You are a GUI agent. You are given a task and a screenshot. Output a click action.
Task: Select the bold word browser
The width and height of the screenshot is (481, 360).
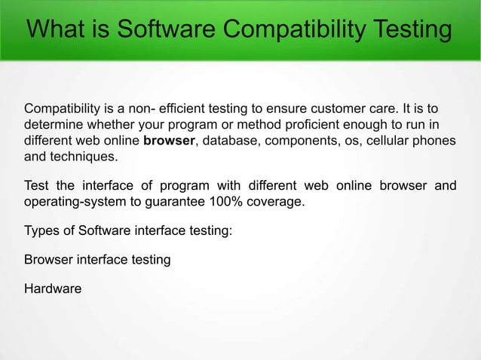170,141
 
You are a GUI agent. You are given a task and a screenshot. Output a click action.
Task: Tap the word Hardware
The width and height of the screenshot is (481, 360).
53,288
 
